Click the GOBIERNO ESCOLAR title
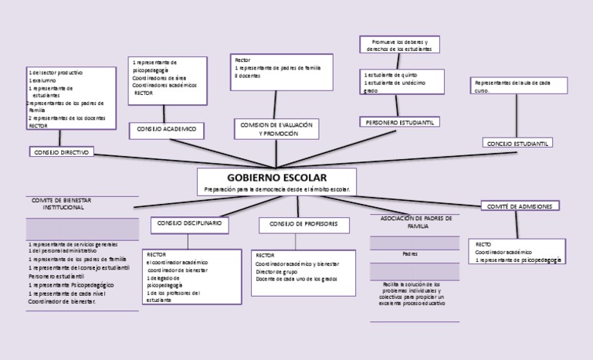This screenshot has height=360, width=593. point(276,178)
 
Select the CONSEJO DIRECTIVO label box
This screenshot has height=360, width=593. point(62,152)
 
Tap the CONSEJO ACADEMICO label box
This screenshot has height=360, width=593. point(166,128)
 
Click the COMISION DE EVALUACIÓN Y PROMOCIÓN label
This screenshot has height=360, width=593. point(277,129)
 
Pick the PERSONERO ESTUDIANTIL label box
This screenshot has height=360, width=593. point(399,121)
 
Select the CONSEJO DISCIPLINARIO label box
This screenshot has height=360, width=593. point(189,222)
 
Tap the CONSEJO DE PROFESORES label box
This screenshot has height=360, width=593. point(299,224)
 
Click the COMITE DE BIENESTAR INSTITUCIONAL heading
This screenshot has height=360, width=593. point(63,204)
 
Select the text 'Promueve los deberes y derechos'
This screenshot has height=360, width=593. point(400,44)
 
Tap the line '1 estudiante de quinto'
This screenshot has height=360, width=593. point(394,75)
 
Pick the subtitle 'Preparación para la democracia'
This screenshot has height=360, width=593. point(276,189)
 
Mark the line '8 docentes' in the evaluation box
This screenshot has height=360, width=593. point(249,76)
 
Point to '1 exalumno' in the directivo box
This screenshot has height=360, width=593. point(44,80)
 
